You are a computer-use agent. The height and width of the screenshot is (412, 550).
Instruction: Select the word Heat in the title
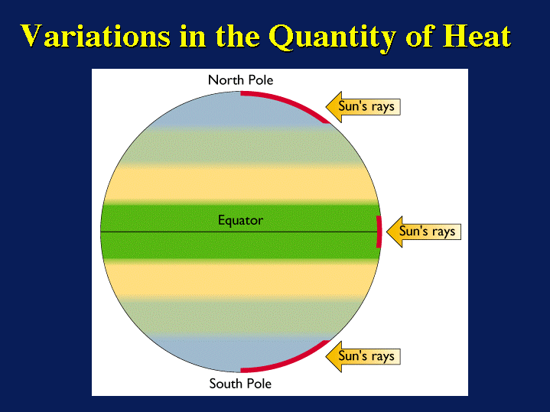pyautogui.click(x=471, y=36)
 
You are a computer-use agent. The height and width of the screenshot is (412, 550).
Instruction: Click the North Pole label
pyautogui.click(x=240, y=80)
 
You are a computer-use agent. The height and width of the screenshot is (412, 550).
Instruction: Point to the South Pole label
pyautogui.click(x=240, y=383)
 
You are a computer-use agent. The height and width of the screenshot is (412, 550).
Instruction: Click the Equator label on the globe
pyautogui.click(x=240, y=220)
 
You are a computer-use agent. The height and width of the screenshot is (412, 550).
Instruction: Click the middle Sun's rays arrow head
pyautogui.click(x=393, y=231)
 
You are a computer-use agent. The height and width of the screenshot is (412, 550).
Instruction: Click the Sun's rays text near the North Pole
pyautogui.click(x=367, y=106)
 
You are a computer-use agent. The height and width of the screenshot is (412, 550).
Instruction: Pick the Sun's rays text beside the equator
pyautogui.click(x=428, y=231)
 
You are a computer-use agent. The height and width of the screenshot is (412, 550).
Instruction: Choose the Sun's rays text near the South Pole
pyautogui.click(x=367, y=356)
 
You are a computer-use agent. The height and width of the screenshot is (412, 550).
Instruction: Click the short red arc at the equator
pyautogui.click(x=378, y=231)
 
